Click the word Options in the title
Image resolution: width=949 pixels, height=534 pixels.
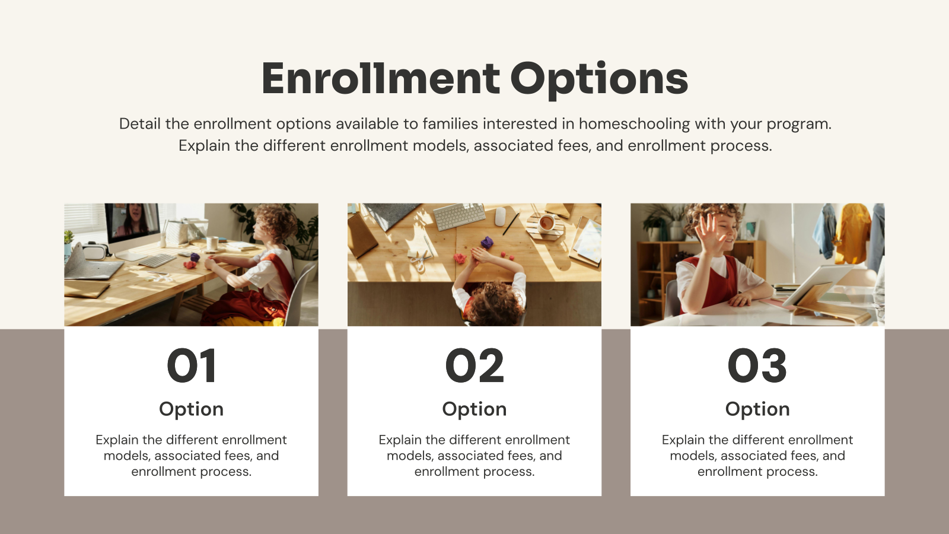[599, 80]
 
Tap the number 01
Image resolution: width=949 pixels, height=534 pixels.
[191, 365]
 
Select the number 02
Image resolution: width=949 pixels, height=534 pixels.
[474, 365]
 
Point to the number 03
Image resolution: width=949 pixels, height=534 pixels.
[757, 365]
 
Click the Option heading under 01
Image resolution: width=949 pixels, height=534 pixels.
[191, 409]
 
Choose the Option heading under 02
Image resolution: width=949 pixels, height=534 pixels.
[474, 409]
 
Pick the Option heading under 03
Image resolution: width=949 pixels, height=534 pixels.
[757, 409]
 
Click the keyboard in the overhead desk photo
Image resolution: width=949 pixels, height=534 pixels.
[460, 216]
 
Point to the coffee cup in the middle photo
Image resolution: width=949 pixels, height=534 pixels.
[546, 223]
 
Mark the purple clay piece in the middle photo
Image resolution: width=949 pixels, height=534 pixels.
[487, 242]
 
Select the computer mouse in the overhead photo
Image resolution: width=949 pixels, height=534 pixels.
[500, 216]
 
